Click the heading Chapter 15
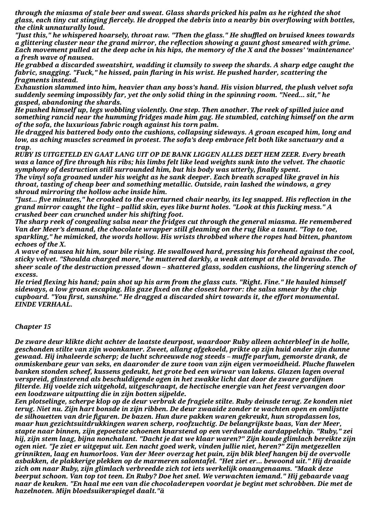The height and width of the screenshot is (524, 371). coord(33,327)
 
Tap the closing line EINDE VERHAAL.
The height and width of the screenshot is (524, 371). coord(44,305)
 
